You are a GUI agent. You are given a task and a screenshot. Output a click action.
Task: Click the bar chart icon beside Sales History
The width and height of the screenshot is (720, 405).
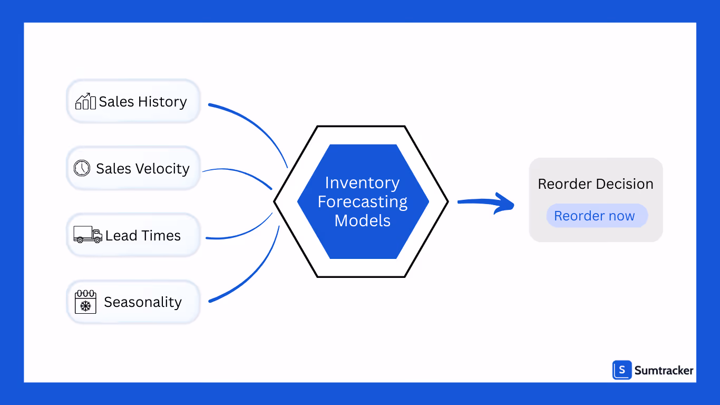point(85,101)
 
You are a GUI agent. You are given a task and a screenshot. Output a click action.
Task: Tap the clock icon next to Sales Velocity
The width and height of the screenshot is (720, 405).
point(82,168)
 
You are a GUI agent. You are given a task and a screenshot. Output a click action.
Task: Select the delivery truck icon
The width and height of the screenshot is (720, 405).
point(87,235)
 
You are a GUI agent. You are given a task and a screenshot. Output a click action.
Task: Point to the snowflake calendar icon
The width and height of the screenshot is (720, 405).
point(85,302)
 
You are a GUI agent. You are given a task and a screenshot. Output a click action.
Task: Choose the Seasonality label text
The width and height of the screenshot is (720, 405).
point(143,302)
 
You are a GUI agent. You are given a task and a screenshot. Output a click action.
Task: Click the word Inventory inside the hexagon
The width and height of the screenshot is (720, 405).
point(363,182)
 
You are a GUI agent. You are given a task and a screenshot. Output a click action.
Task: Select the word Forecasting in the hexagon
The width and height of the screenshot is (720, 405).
point(363,201)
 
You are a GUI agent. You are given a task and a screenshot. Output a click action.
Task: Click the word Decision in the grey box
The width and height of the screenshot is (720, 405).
point(625,184)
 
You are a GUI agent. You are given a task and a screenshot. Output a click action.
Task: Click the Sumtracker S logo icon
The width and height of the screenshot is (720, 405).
point(622,370)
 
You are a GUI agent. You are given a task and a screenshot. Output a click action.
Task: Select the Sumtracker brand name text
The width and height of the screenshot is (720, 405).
point(664,371)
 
